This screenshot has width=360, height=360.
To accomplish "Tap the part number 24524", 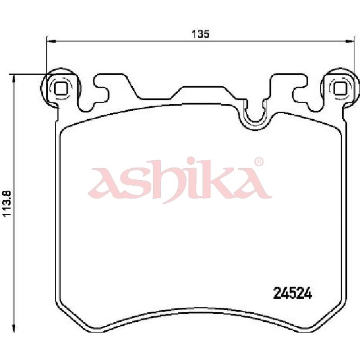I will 292,293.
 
